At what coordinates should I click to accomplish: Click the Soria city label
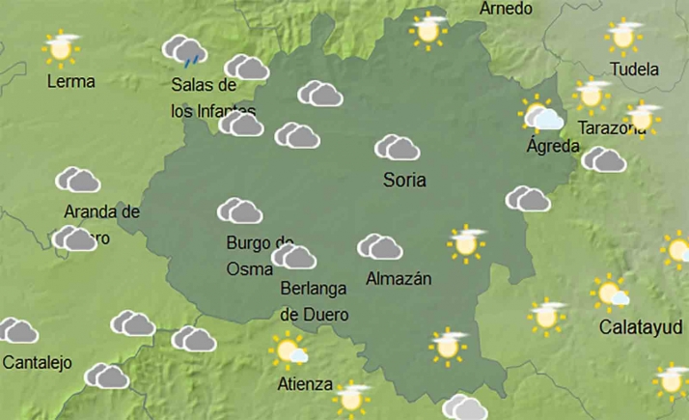click(x=404, y=180)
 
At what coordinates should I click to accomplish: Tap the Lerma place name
click(x=71, y=81)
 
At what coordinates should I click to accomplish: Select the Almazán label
click(x=399, y=279)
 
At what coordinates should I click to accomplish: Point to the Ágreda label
click(x=553, y=147)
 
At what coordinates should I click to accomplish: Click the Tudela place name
click(x=635, y=70)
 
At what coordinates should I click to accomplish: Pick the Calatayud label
click(x=641, y=326)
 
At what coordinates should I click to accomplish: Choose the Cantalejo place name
click(x=38, y=363)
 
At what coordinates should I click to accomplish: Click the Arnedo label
click(x=506, y=9)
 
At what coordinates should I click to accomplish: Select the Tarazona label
click(x=610, y=128)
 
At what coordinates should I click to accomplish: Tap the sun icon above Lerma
click(x=60, y=46)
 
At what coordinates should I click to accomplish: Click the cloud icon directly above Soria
click(x=397, y=148)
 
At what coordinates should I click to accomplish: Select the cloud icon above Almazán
click(x=379, y=247)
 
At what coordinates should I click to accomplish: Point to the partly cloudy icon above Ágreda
click(x=542, y=116)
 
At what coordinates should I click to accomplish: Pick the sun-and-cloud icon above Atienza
click(x=289, y=350)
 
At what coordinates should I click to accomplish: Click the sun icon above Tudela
click(x=623, y=37)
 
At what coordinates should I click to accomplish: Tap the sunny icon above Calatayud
click(x=611, y=293)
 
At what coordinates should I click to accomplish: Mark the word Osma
click(x=250, y=269)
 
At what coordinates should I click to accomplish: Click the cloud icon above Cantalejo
click(x=18, y=331)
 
